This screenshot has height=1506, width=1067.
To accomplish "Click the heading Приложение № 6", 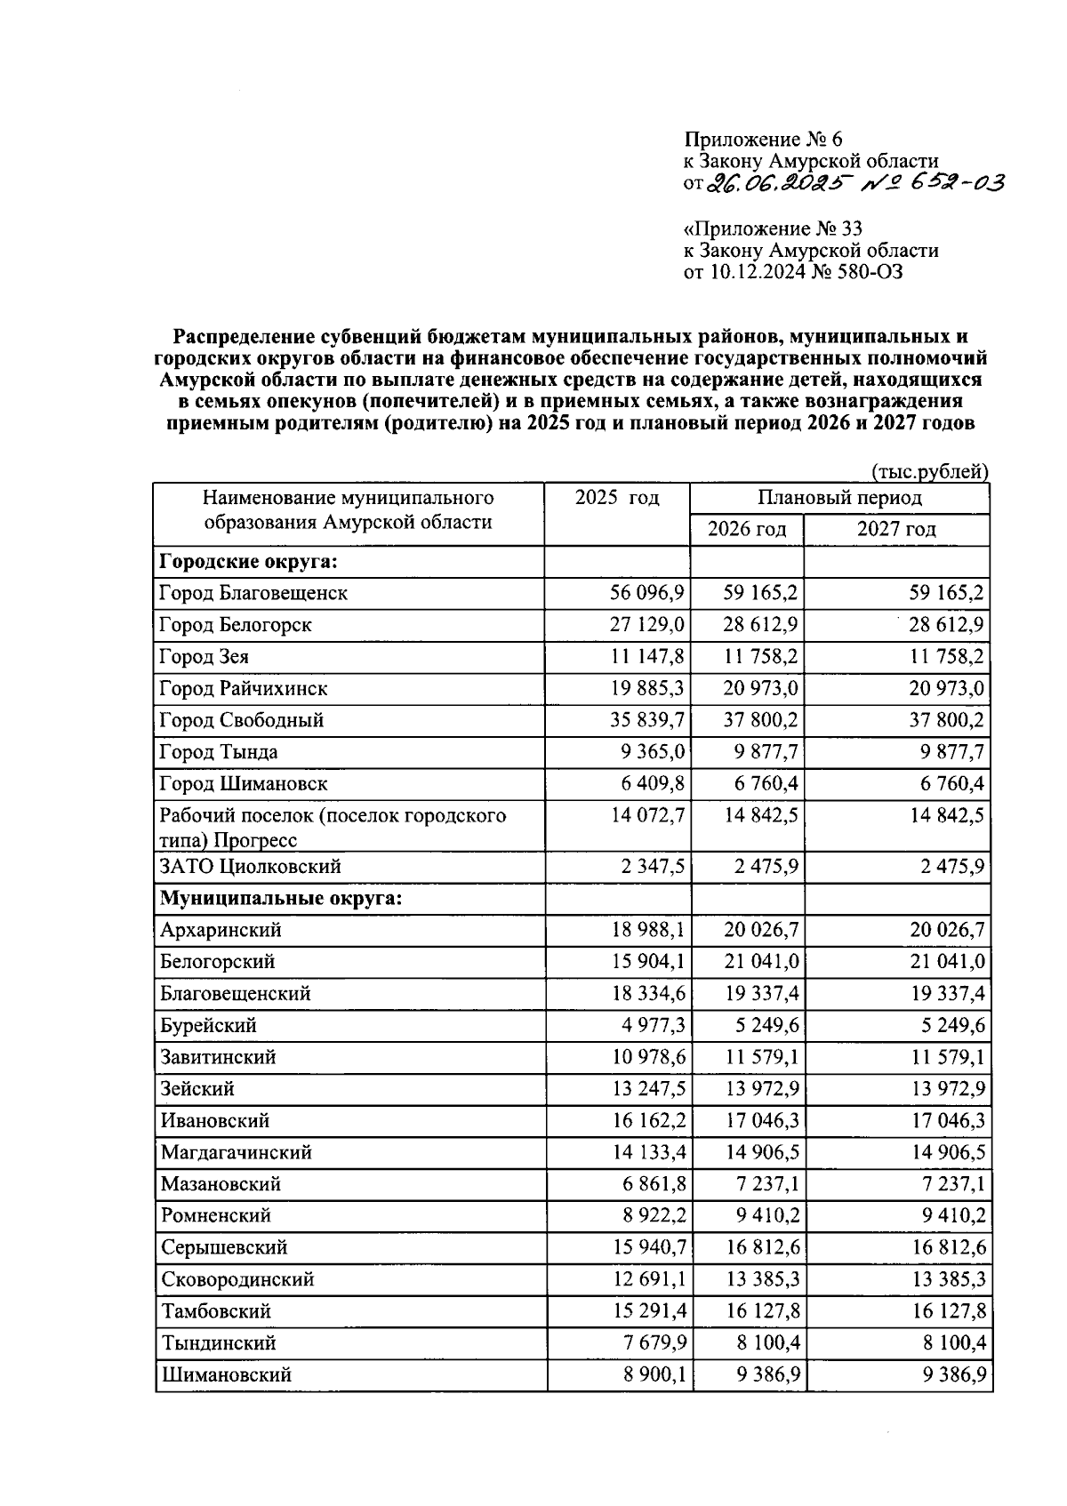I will tap(762, 140).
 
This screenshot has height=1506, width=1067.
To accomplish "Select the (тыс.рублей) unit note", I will tap(930, 471).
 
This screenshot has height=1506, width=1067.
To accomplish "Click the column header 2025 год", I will tap(617, 498).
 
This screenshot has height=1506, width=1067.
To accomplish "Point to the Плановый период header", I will tap(839, 498).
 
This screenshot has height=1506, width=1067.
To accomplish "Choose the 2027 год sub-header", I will tap(895, 530).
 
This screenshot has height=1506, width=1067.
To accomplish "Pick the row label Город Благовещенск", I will tap(253, 593).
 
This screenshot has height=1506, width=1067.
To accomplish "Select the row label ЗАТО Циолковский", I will tap(250, 867).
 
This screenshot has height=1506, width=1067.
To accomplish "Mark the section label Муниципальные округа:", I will tap(281, 898).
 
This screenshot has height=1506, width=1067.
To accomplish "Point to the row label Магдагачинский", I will tap(237, 1153).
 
